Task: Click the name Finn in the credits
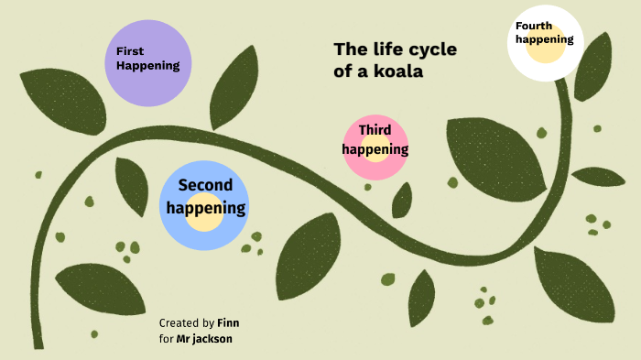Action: [228, 323]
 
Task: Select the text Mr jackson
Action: [204, 339]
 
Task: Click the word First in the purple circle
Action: [130, 51]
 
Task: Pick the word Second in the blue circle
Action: [205, 186]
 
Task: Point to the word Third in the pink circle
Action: [375, 130]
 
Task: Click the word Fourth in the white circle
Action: [534, 26]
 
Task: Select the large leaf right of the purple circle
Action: [234, 88]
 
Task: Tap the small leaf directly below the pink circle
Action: [402, 200]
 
